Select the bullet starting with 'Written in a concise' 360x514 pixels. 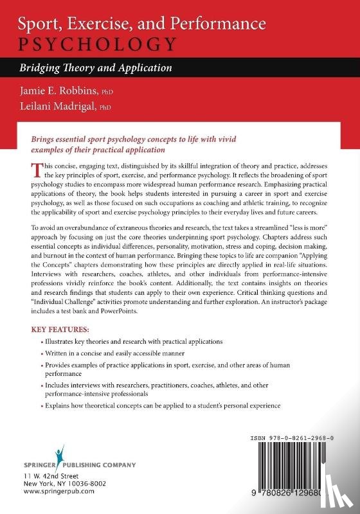click(115, 353)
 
